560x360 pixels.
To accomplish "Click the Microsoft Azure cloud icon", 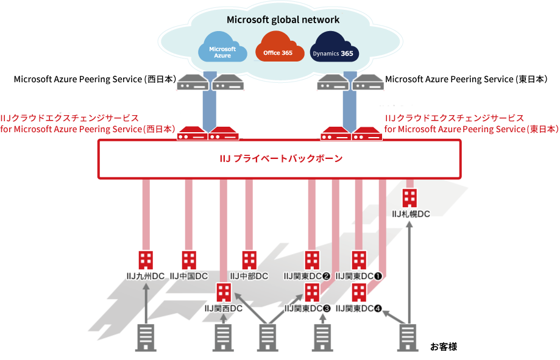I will (x=222, y=52).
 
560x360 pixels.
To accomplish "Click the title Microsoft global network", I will (x=283, y=19).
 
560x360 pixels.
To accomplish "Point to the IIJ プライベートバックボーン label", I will (x=280, y=158).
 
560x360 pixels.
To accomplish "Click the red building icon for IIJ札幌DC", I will (x=410, y=197).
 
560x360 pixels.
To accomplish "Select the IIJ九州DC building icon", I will (x=145, y=260).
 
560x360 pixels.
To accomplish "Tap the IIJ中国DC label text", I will (x=189, y=276).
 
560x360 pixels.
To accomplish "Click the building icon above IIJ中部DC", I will (x=249, y=260).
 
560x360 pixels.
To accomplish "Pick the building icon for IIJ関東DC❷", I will (x=312, y=260).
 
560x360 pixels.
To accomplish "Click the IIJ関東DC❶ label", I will (x=359, y=276).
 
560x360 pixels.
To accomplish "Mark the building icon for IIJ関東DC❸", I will (x=312, y=292).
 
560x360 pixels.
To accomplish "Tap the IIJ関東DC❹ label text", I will (x=359, y=309).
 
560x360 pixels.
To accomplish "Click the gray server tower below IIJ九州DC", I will (x=145, y=338).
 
